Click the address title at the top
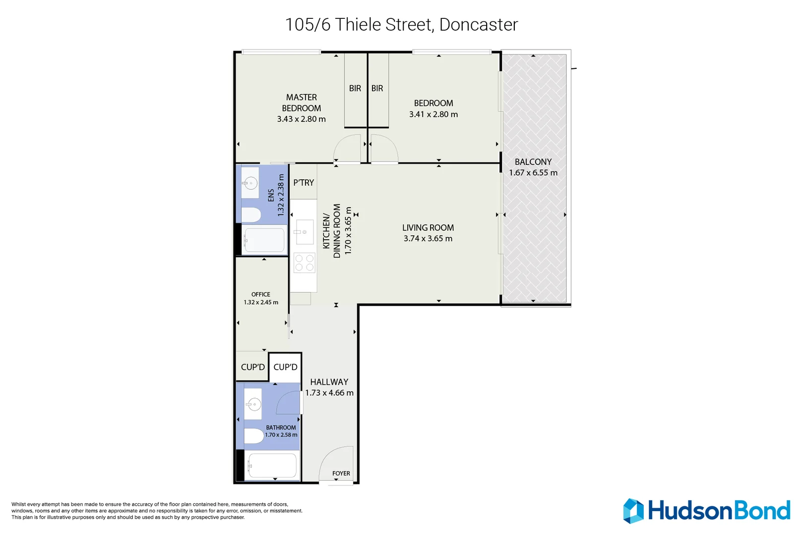click(x=401, y=24)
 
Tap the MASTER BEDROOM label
click(x=301, y=103)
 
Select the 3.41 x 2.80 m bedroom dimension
click(x=433, y=114)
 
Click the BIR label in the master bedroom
click(x=355, y=89)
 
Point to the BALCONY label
click(x=533, y=162)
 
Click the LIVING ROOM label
click(x=428, y=228)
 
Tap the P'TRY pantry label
click(x=303, y=183)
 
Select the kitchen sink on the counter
click(x=305, y=232)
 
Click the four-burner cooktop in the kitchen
click(x=304, y=263)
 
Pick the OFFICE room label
click(x=260, y=294)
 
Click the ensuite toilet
click(x=251, y=215)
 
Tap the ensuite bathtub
click(x=264, y=240)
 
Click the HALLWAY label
click(x=329, y=382)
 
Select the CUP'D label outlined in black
click(x=285, y=367)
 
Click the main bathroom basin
click(x=253, y=404)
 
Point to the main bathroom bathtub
click(x=272, y=466)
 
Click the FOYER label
click(x=341, y=474)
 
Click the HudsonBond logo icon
click(x=633, y=511)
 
